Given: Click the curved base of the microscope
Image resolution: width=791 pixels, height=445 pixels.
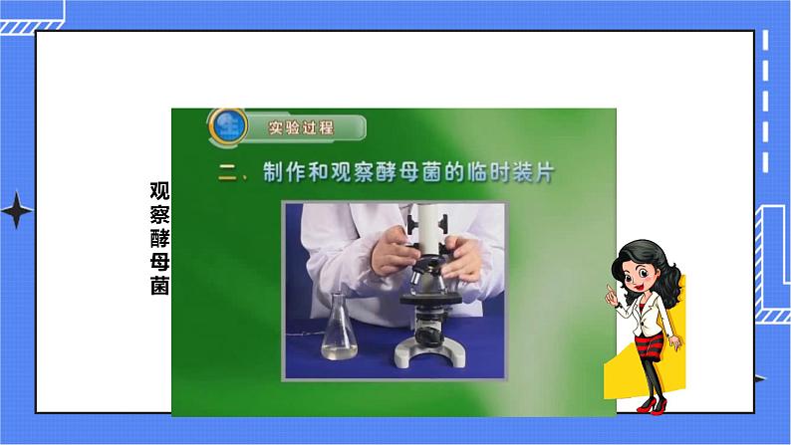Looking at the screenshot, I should (430, 352).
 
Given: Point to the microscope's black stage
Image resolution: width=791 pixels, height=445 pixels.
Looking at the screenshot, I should (429, 300).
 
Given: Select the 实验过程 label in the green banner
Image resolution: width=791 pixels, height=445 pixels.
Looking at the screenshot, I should (302, 128).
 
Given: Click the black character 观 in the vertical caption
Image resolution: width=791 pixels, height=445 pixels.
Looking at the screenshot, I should (159, 191).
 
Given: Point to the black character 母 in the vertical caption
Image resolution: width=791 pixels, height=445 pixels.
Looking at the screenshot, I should (159, 263).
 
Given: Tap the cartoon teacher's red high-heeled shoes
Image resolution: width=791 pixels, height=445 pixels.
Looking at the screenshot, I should (652, 404).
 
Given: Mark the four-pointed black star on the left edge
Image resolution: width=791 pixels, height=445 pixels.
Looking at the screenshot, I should (16, 212).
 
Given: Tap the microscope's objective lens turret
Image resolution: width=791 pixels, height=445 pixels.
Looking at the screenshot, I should (428, 277).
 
